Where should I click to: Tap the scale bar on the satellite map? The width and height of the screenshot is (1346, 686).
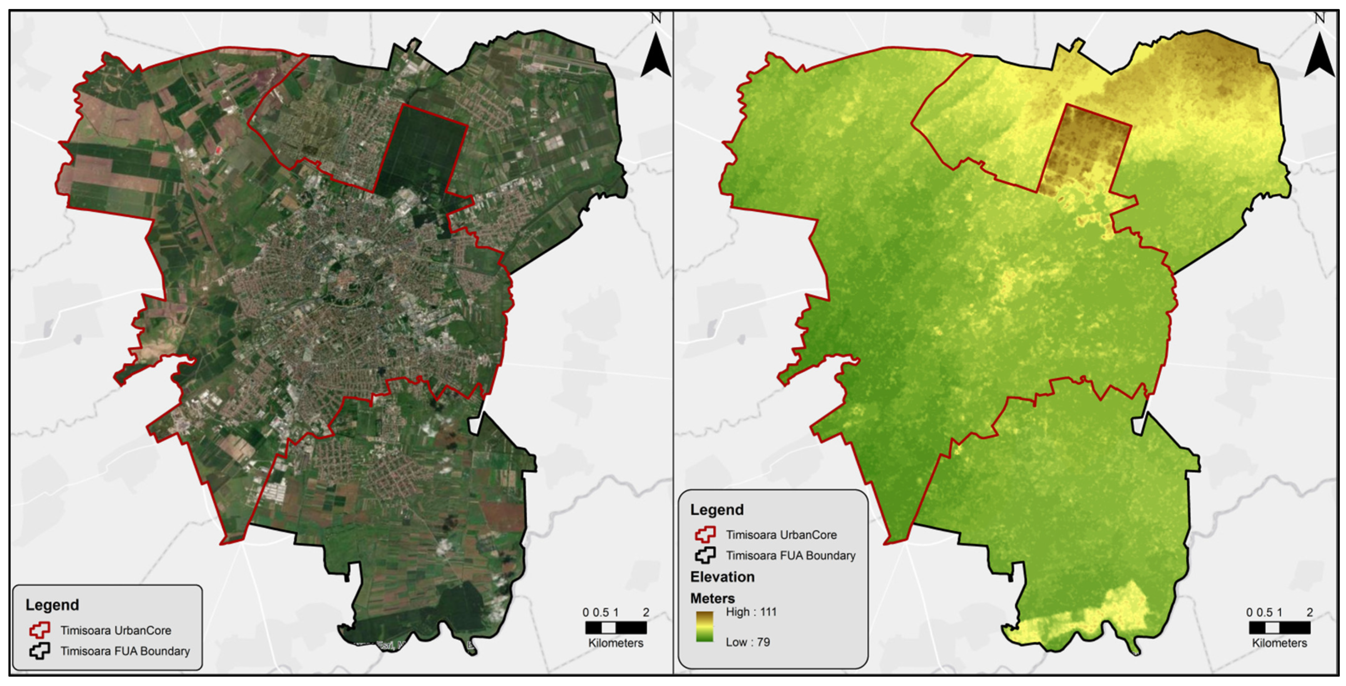pyautogui.click(x=616, y=627)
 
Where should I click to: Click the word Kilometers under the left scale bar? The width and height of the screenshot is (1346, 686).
pyautogui.click(x=616, y=643)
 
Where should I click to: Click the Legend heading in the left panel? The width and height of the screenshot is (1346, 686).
pyautogui.click(x=52, y=605)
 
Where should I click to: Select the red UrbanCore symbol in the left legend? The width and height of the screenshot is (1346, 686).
pyautogui.click(x=40, y=630)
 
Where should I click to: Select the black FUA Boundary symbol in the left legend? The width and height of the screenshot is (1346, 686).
pyautogui.click(x=40, y=651)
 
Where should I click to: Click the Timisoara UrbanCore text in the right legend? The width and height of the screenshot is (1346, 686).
pyautogui.click(x=781, y=535)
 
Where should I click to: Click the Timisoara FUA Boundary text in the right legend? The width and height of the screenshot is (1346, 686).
pyautogui.click(x=790, y=555)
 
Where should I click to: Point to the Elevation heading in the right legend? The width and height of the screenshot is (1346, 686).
pyautogui.click(x=722, y=577)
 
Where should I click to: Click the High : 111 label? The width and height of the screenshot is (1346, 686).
pyautogui.click(x=751, y=612)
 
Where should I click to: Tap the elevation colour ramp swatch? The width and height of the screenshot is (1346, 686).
pyautogui.click(x=704, y=627)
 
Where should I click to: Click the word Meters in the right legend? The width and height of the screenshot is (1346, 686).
pyautogui.click(x=712, y=598)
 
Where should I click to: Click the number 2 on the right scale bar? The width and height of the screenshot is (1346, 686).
pyautogui.click(x=1309, y=612)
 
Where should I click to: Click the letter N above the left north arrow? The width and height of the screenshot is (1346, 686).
pyautogui.click(x=656, y=18)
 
